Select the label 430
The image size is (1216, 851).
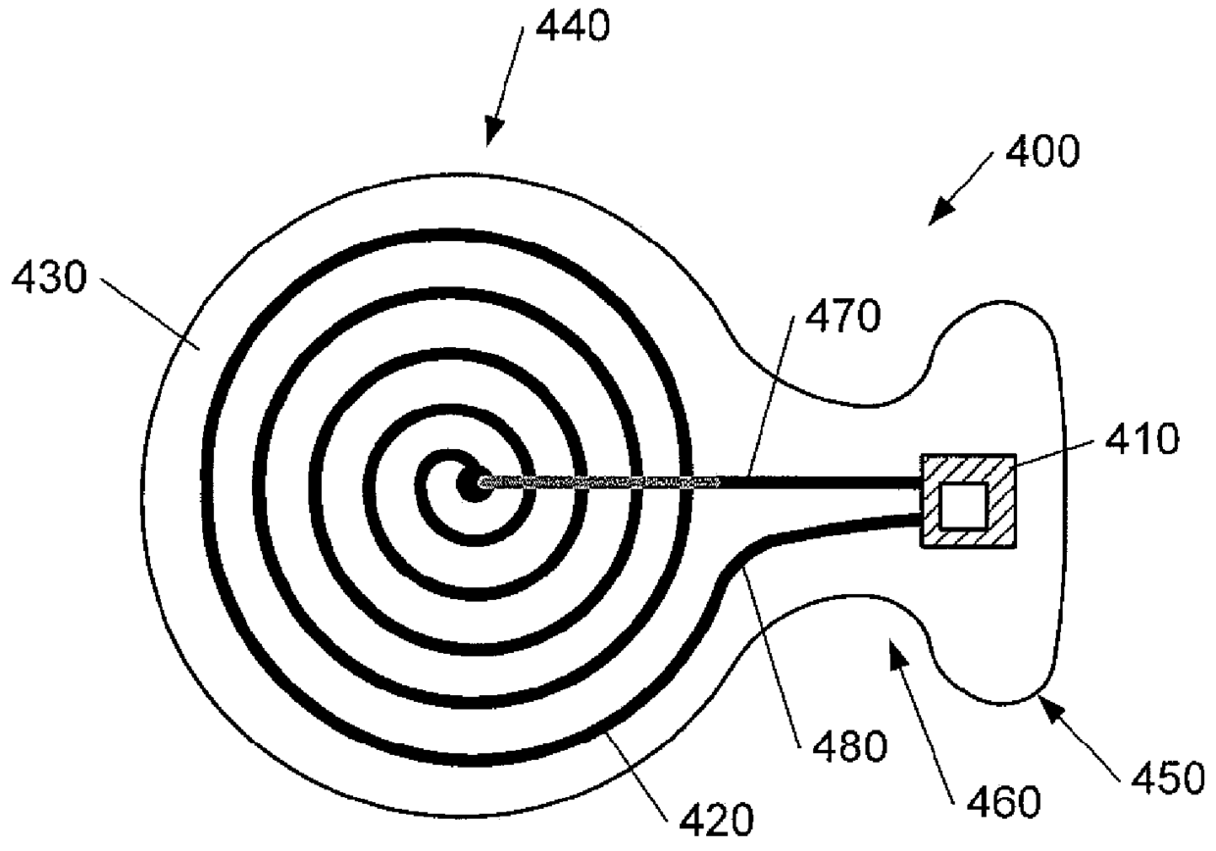point(49,283)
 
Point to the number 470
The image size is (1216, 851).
point(842,321)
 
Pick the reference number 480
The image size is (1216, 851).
point(850,747)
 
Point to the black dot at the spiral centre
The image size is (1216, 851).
point(478,482)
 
